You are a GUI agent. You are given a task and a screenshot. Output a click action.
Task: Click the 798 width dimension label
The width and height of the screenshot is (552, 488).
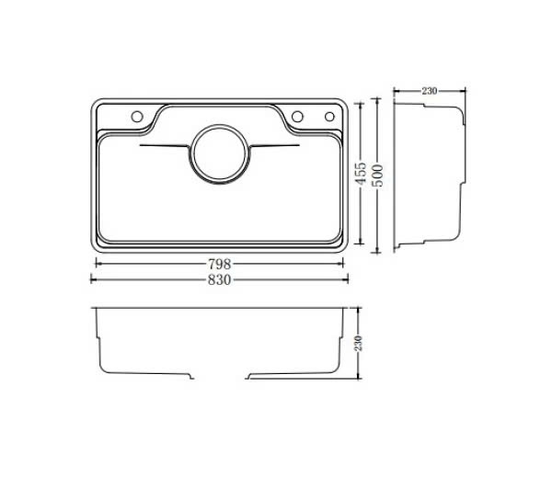(x=219, y=263)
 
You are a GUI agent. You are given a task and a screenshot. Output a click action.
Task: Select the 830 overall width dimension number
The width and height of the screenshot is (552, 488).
(x=219, y=278)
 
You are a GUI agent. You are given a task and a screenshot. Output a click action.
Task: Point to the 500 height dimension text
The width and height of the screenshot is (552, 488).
(x=376, y=176)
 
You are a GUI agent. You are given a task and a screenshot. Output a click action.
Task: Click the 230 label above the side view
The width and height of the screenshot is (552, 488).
(x=429, y=91)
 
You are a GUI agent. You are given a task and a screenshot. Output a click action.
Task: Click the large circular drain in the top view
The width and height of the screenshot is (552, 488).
(x=219, y=151)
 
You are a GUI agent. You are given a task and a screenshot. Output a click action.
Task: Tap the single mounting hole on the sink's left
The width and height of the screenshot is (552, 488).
(x=134, y=117)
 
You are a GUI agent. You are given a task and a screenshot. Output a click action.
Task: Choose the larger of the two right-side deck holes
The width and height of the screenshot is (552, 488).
(x=299, y=116)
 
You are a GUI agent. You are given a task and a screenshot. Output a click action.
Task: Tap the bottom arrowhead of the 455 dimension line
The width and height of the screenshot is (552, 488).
(x=361, y=243)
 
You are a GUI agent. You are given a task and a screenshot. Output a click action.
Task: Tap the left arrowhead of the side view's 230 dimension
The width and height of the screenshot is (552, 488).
(x=397, y=91)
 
